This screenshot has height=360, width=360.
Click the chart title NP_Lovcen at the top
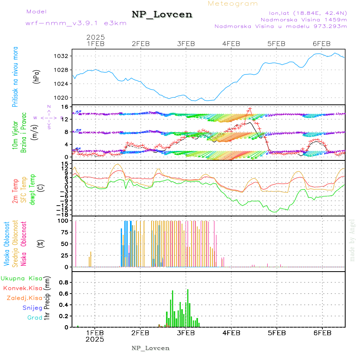tap(162, 15)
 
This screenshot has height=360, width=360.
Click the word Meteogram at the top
tap(233, 4)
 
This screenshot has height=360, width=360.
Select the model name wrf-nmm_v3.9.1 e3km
tap(76, 23)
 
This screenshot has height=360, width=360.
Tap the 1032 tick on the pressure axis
tap(64, 56)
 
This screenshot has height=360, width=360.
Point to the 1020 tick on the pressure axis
tap(64, 98)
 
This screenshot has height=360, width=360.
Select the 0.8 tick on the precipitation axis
tap(64, 282)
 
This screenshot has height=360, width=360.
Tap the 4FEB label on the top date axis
tap(231, 44)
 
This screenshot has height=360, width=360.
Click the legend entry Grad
tap(34, 318)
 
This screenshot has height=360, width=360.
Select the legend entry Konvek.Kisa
tap(23, 288)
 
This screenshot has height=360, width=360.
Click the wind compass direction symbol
tap(49, 118)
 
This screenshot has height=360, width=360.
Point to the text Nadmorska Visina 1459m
tap(304, 19)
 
